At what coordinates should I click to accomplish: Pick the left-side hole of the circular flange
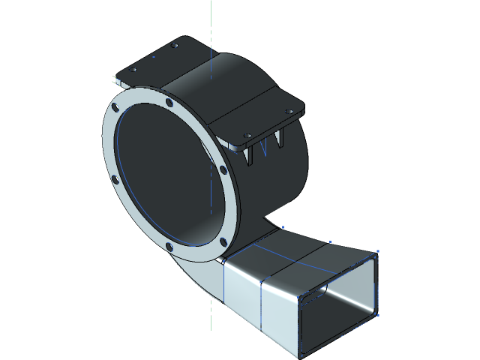tap(114, 180)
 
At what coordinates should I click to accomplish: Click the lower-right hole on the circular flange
tap(223, 241)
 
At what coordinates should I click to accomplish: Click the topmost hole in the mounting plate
tap(175, 46)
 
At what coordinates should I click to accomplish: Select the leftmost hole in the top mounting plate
tap(134, 70)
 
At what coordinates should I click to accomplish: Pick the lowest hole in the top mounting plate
tap(247, 136)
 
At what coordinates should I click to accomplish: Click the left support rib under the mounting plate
tap(249, 153)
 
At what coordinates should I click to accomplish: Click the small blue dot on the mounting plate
tap(154, 56)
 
